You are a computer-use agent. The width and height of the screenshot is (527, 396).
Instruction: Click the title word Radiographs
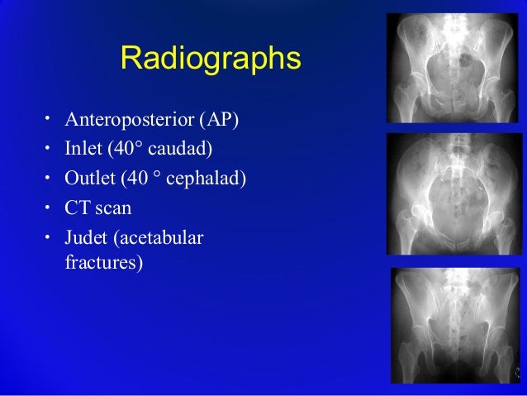[x=211, y=59]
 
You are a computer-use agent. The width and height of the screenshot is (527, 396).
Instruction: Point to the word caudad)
[x=179, y=150]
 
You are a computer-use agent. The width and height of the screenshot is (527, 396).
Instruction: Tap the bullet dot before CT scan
[x=48, y=207]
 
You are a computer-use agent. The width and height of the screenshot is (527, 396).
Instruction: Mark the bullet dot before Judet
[x=48, y=236]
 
